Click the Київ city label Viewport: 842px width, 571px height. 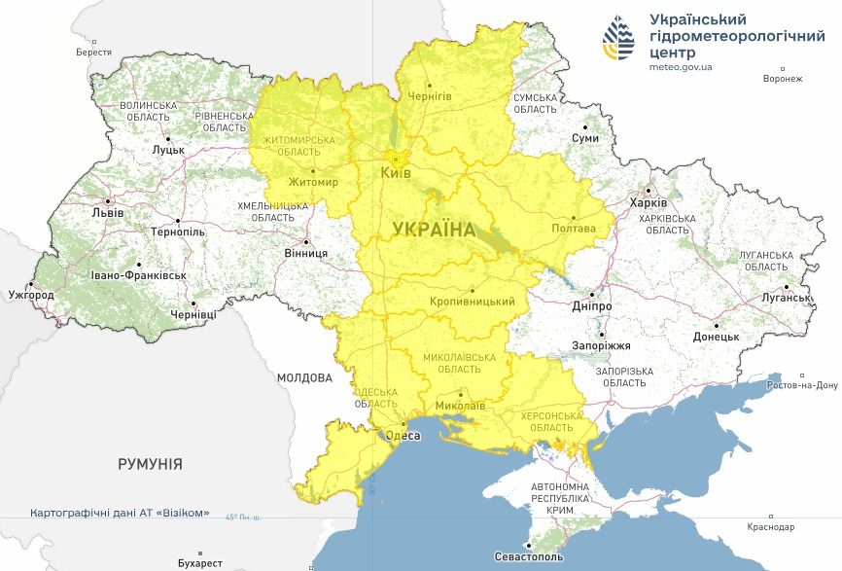click(395, 173)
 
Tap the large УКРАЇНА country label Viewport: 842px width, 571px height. click(434, 230)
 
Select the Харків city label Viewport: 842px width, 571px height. click(649, 203)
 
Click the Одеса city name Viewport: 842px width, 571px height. click(403, 436)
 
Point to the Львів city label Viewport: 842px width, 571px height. click(107, 211)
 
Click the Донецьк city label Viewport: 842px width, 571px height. click(716, 337)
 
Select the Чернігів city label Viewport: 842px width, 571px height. click(429, 96)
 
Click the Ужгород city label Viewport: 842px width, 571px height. click(31, 294)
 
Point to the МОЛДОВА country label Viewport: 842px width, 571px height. click(304, 377)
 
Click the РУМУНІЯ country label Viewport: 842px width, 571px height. click(150, 464)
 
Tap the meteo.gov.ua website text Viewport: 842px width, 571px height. click(682, 67)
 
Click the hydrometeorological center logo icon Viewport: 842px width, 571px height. click(619, 40)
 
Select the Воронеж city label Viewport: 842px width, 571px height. click(784, 80)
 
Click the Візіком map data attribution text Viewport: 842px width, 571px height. click(120, 513)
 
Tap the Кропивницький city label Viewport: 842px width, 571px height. click(472, 303)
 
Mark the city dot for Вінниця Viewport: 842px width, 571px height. click(305, 242)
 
